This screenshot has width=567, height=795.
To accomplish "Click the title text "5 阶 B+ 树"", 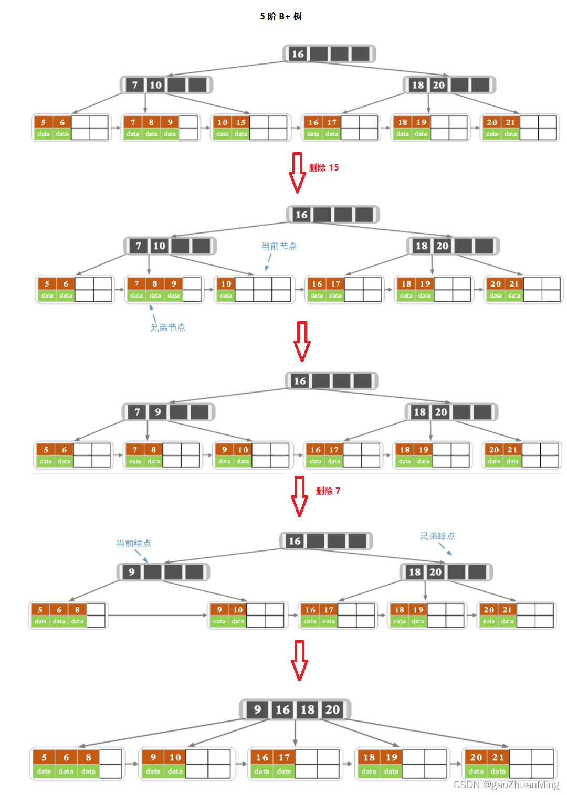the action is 281,16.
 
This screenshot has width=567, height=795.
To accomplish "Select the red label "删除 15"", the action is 324,167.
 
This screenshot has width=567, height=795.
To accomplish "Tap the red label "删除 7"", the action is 328,491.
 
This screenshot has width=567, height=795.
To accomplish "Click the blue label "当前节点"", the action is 279,246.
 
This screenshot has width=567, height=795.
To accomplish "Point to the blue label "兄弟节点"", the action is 168,327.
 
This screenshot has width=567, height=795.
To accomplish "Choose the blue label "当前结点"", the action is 133,543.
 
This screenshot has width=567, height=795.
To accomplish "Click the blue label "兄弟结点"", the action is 437,536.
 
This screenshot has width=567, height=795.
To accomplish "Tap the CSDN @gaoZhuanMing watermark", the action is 506,785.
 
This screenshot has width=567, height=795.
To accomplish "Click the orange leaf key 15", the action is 241,122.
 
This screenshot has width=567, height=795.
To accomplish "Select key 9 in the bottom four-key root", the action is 257,709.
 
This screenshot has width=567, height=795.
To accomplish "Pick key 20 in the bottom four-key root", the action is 332,709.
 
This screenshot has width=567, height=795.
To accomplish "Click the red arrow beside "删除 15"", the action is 298,173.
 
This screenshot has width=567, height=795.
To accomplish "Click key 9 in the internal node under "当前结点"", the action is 132,572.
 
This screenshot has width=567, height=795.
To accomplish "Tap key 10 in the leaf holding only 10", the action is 226,284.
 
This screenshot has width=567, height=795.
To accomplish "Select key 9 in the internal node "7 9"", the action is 158,412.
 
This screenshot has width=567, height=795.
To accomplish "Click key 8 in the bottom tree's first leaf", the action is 89,757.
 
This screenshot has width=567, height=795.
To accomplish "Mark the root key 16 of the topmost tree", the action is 298,54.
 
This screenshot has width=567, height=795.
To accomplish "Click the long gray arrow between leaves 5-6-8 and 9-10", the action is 157,615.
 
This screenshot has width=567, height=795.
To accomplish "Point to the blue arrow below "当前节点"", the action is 268,262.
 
